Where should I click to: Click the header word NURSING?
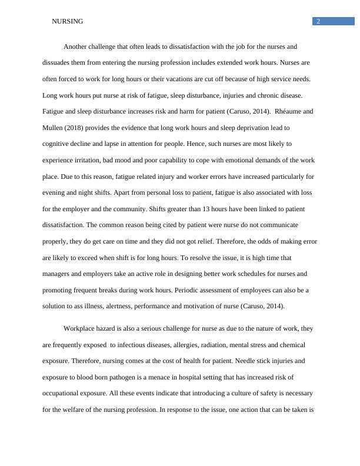click(68, 22)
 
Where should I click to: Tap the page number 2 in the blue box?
click(318, 22)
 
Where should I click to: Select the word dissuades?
click(57, 62)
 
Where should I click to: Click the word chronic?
click(268, 95)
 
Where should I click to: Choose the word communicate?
click(277, 225)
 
